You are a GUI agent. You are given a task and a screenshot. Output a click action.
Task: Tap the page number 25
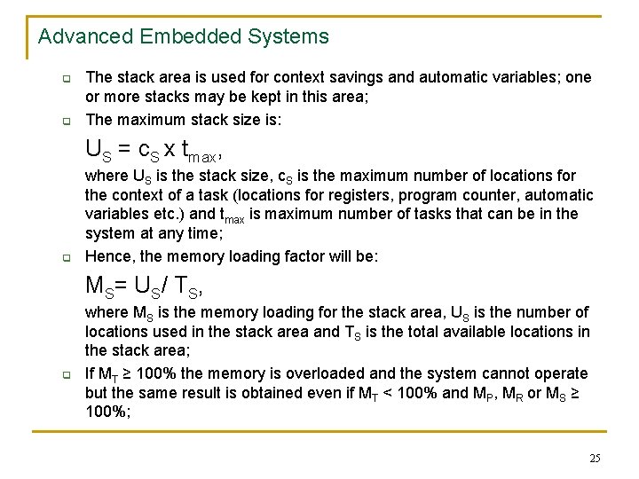594,459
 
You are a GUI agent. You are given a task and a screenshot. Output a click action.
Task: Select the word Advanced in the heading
82,37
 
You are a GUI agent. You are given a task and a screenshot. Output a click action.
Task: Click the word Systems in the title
288,37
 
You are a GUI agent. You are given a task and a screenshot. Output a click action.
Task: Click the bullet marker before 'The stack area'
66,78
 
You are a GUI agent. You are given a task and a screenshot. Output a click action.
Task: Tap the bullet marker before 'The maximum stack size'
66,121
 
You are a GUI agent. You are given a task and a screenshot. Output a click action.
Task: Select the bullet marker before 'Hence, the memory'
66,258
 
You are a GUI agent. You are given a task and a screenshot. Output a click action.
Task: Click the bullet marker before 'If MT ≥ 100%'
66,374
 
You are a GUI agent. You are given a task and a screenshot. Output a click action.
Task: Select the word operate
561,373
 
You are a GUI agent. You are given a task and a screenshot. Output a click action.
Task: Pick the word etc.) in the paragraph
164,214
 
